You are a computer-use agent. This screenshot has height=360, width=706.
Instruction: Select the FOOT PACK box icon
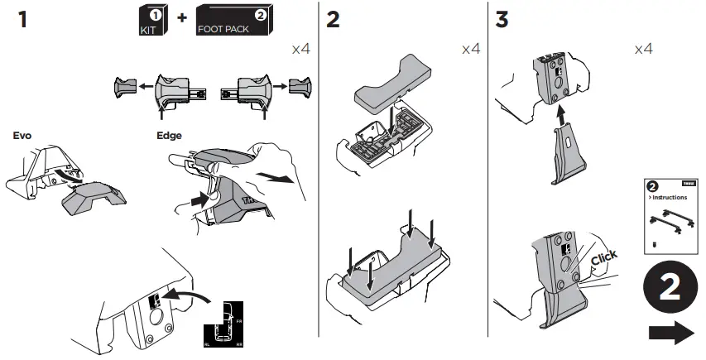point(233,21)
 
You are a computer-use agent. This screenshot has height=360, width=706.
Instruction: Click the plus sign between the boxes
point(181,20)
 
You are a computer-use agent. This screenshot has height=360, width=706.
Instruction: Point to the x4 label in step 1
point(300,49)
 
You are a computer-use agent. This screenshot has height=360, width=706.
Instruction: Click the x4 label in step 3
point(643,49)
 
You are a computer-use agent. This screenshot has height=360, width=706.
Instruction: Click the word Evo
point(22,135)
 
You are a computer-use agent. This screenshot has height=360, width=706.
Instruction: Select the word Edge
point(169,135)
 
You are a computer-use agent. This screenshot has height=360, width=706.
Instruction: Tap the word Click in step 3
point(604,260)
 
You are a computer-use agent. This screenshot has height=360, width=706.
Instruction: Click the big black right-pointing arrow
point(671,334)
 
